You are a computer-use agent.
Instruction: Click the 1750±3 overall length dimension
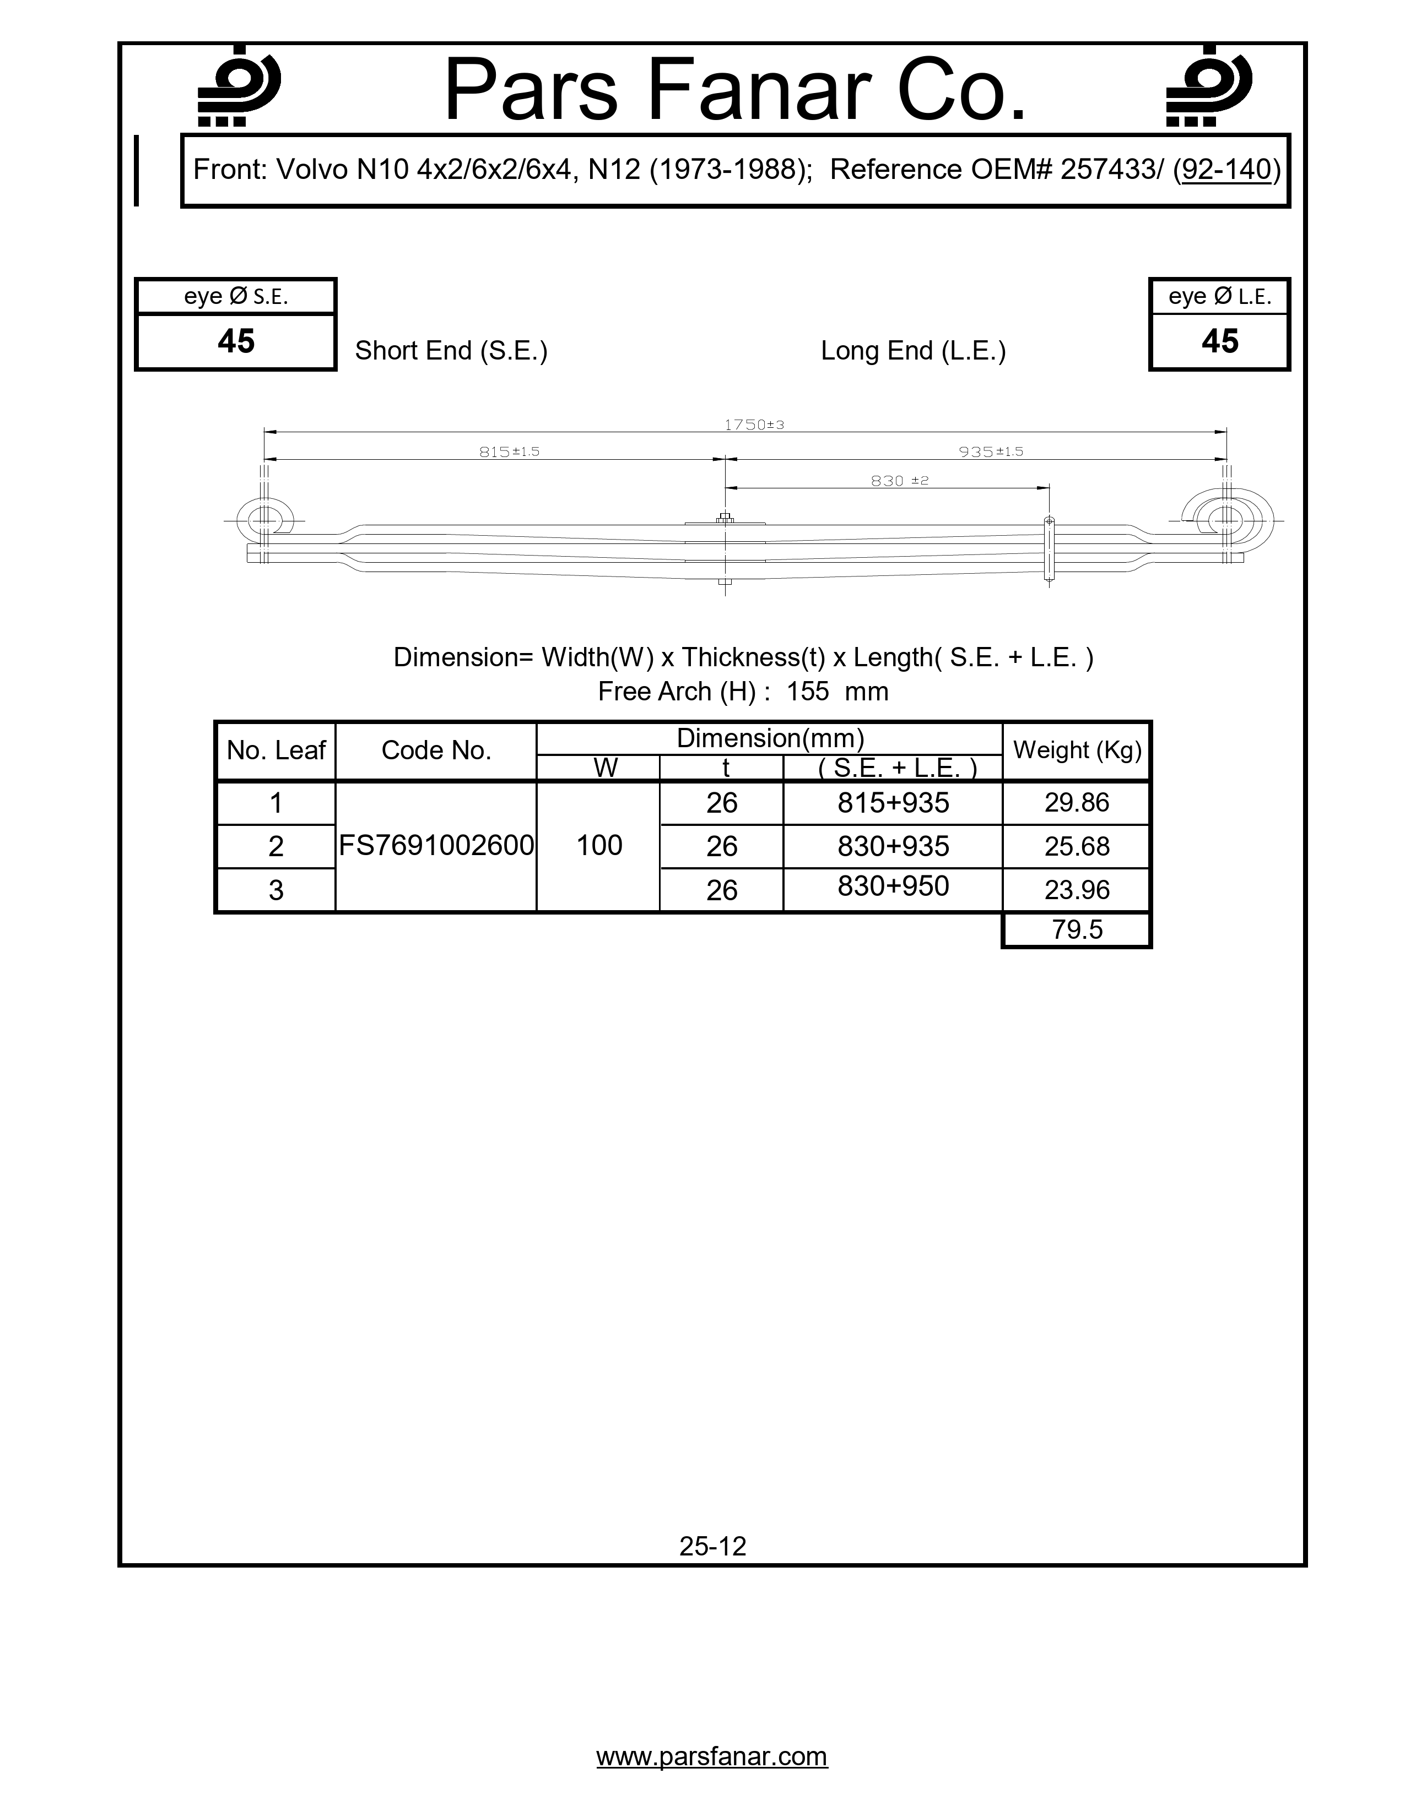[754, 425]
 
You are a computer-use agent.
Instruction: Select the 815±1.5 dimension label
[510, 451]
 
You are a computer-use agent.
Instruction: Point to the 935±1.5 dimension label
[991, 451]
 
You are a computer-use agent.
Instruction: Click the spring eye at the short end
[264, 521]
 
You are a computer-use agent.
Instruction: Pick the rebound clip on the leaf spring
[1049, 549]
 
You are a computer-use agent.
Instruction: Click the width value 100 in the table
[599, 845]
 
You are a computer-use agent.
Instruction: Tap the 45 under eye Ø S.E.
[236, 341]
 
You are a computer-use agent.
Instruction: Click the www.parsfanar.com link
[712, 1756]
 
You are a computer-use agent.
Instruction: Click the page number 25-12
[712, 1546]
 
